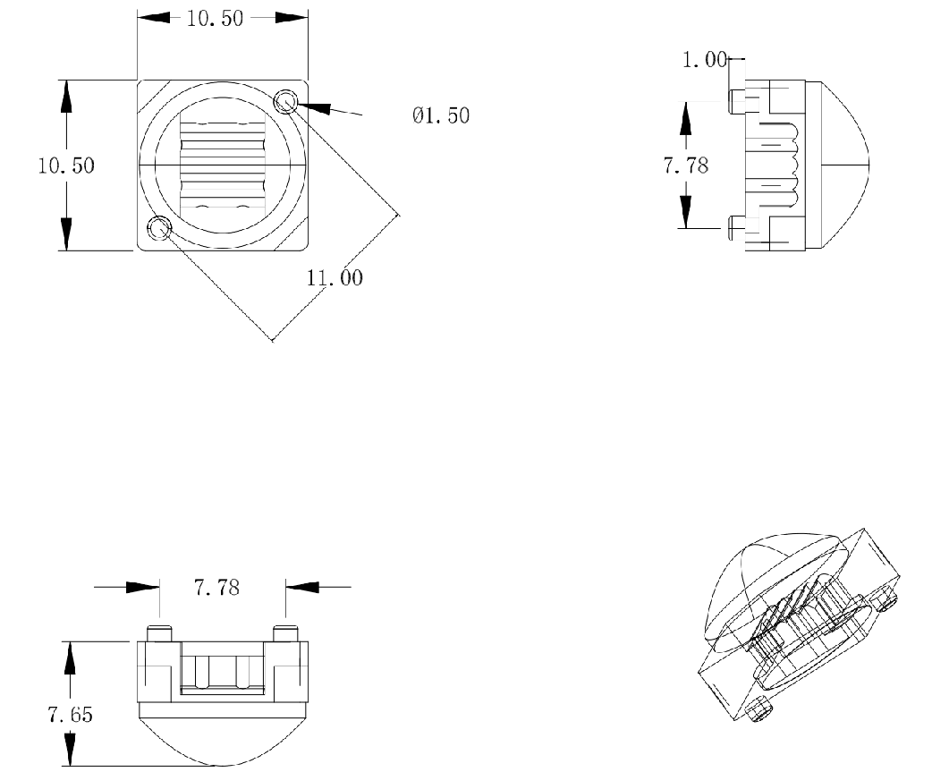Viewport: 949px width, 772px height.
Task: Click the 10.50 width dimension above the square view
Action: coord(215,18)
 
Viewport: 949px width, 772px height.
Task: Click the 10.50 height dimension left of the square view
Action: coord(66,165)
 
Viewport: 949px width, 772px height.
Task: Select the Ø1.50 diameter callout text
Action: coord(441,115)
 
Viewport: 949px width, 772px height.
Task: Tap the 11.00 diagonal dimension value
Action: coord(335,278)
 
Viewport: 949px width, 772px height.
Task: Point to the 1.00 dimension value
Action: coord(705,59)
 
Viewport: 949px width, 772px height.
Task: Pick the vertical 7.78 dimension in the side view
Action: coord(686,165)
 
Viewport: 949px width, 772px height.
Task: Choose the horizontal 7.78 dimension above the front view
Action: coord(216,587)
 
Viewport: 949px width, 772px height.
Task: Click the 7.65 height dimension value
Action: coord(70,715)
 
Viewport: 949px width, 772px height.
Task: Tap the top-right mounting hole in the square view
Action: coord(285,101)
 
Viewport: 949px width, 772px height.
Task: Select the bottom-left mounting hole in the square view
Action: coord(160,228)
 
